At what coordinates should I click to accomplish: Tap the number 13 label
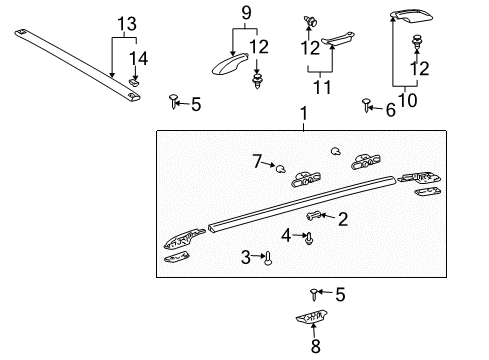tap(124, 22)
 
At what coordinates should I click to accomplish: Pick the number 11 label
tap(319, 85)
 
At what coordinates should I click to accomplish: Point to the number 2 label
tap(342, 219)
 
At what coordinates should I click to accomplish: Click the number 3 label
tap(246, 257)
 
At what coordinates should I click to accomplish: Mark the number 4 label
tap(285, 236)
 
